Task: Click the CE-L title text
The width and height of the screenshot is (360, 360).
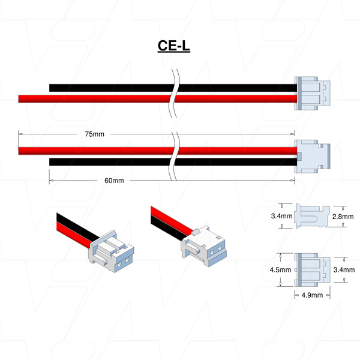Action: pyautogui.click(x=173, y=46)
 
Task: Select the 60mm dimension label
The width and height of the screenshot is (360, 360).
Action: pyautogui.click(x=113, y=181)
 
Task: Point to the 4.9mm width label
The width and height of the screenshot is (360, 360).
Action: pyautogui.click(x=311, y=295)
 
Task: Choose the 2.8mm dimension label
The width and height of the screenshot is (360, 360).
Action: pyautogui.click(x=343, y=216)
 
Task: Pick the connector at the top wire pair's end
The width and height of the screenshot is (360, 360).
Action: pyautogui.click(x=311, y=94)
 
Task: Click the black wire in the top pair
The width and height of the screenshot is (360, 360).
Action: pyautogui.click(x=108, y=88)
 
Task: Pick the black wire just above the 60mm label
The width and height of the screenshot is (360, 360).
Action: pyautogui.click(x=108, y=162)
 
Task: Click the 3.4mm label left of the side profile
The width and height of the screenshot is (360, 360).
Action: pyautogui.click(x=281, y=216)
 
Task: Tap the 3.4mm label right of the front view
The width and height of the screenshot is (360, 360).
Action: pyautogui.click(x=343, y=270)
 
